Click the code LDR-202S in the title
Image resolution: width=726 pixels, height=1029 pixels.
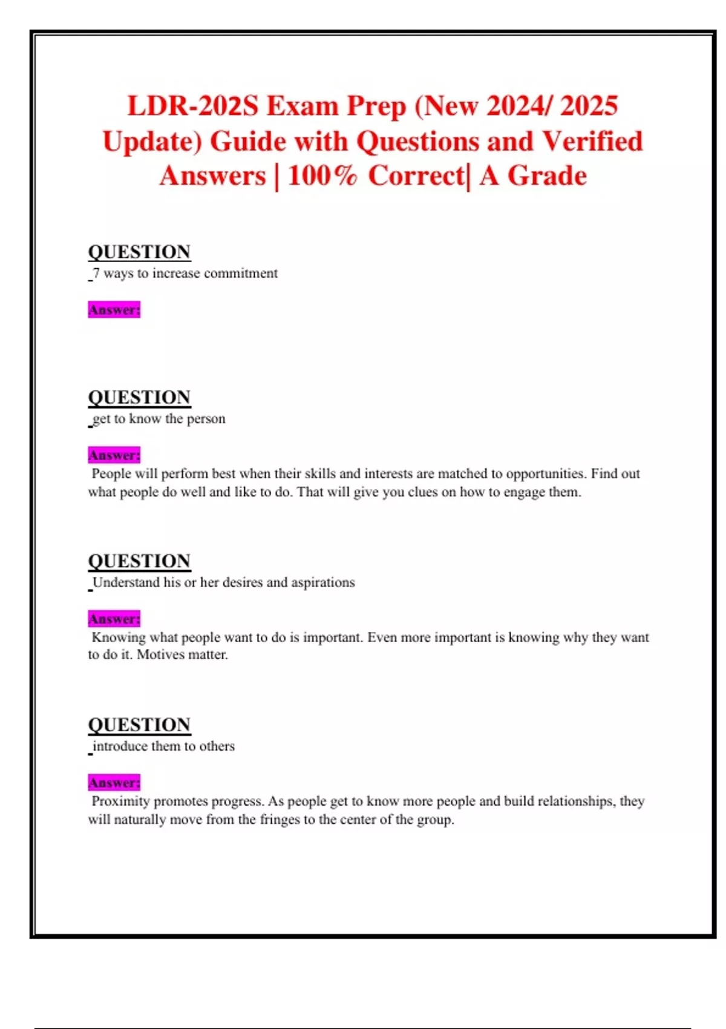click(x=193, y=106)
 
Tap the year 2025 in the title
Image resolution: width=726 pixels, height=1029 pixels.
click(x=589, y=106)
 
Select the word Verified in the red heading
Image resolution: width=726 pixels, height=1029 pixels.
click(x=592, y=142)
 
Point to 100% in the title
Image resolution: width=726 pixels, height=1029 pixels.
click(x=322, y=176)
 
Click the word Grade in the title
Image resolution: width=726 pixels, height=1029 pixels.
click(x=547, y=176)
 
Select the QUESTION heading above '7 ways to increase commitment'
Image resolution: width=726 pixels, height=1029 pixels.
click(x=139, y=252)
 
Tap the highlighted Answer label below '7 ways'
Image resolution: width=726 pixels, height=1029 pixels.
click(x=114, y=310)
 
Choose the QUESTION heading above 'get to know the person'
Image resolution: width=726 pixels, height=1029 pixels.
click(x=139, y=397)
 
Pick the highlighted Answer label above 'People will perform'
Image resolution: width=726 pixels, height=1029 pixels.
click(x=114, y=455)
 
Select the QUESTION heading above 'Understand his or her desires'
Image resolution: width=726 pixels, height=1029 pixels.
click(x=139, y=561)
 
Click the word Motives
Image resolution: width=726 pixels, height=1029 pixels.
click(x=160, y=655)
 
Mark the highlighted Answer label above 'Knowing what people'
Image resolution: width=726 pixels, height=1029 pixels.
click(x=114, y=619)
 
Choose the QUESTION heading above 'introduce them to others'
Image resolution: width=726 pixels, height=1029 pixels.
click(x=139, y=725)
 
